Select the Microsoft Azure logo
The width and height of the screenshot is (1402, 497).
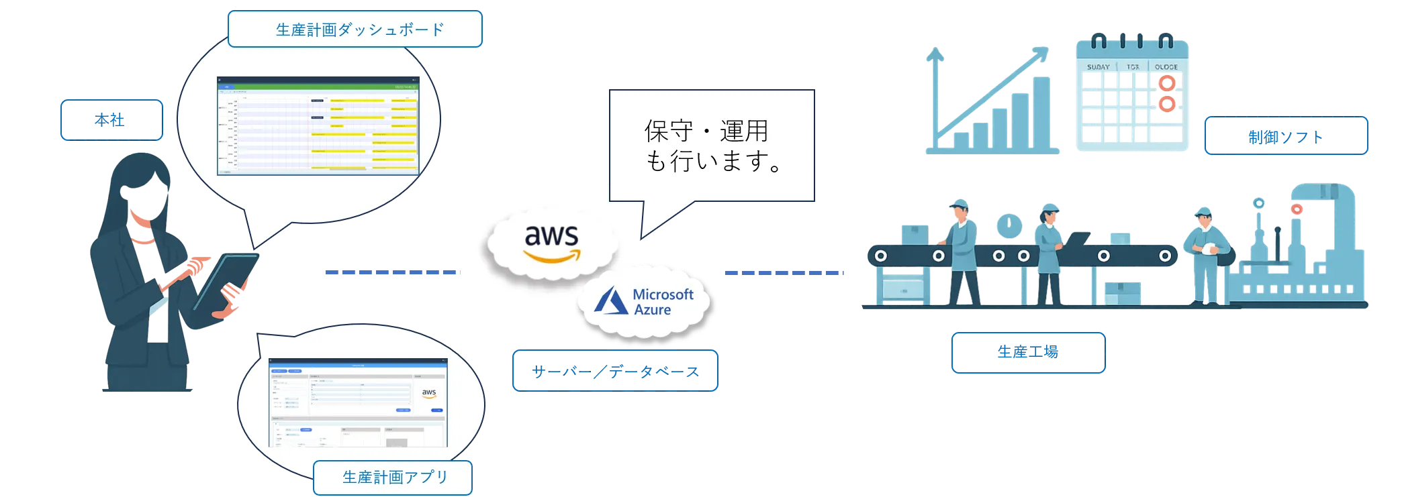pos(645,302)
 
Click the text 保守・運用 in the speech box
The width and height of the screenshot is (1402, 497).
pos(706,131)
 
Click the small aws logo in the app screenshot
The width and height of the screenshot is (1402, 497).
pos(429,393)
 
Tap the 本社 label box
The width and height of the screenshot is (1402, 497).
pos(111,121)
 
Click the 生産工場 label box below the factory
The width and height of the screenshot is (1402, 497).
pos(1027,352)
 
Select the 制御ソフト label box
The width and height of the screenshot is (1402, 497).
pos(1285,136)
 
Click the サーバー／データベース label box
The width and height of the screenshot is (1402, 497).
pos(614,371)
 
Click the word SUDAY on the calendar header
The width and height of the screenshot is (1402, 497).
pos(1098,67)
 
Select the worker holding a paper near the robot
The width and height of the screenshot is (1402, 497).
pos(1205,255)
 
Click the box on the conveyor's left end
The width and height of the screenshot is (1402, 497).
pos(914,233)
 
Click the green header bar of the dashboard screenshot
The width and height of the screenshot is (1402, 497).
pos(317,87)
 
